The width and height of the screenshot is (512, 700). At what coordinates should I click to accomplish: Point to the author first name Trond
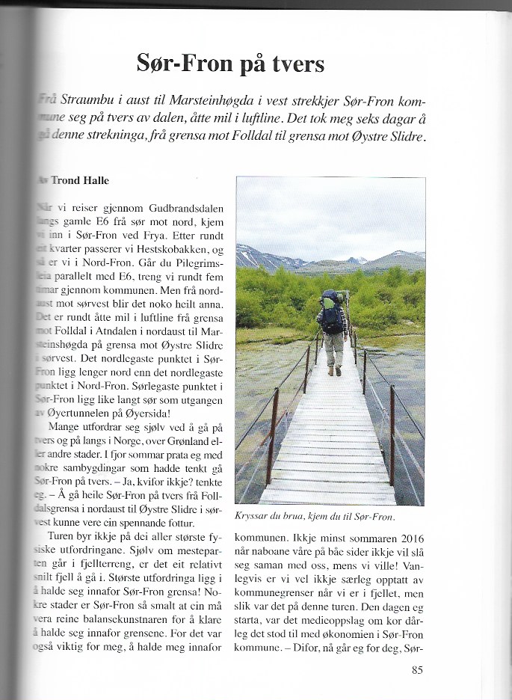pyautogui.click(x=66, y=181)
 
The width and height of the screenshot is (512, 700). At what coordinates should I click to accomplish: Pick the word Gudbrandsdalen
pyautogui.click(x=187, y=208)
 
